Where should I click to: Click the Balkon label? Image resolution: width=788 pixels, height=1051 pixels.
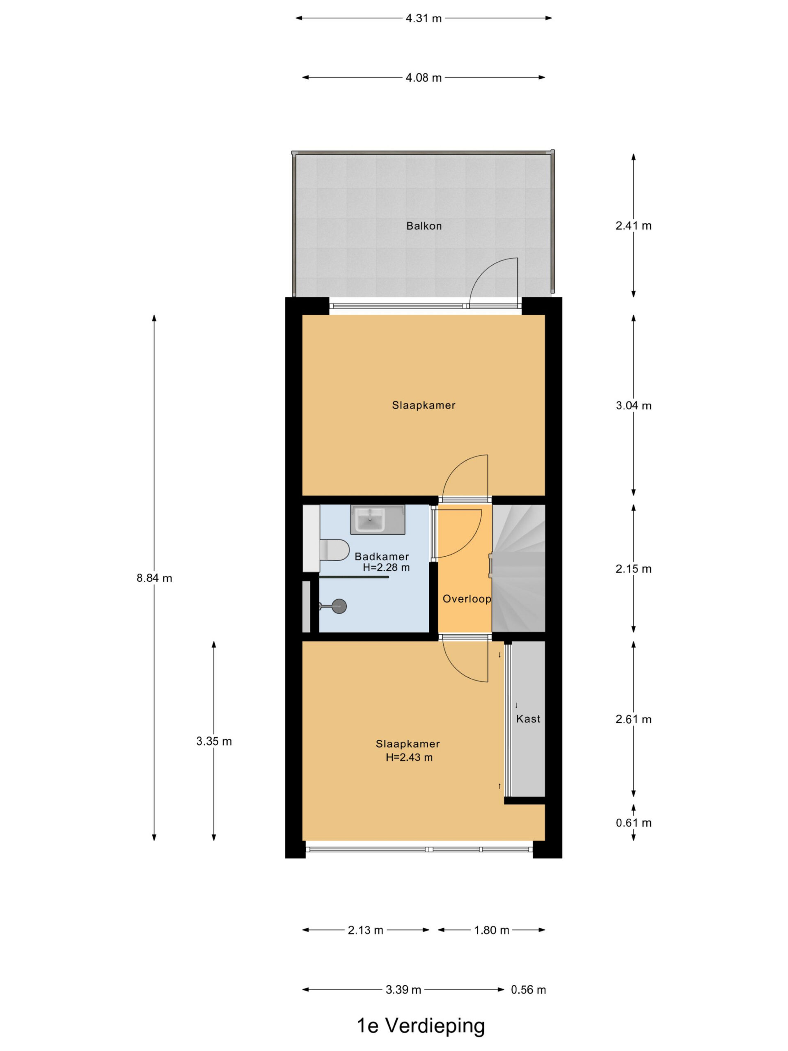424,226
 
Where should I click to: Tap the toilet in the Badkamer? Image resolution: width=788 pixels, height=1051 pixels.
334,550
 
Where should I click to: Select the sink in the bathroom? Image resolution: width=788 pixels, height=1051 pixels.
369,520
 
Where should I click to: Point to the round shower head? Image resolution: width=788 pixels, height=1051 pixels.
339,606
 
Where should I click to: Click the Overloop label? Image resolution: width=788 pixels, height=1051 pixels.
466,599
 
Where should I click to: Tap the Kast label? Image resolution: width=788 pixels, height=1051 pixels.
528,719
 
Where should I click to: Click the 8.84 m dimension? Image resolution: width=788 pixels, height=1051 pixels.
154,578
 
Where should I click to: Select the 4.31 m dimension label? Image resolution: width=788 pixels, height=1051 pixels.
424,18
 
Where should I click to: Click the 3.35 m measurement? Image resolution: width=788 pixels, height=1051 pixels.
214,741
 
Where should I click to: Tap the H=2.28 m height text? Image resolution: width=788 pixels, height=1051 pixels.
386,567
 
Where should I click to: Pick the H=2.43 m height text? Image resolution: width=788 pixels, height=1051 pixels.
409,757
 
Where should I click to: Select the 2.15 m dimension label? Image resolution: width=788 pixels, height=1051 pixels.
634,569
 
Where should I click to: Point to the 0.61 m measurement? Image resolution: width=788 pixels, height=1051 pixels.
634,823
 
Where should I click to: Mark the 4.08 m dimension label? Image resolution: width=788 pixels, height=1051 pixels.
424,78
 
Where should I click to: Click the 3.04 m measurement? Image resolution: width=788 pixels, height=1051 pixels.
634,405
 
